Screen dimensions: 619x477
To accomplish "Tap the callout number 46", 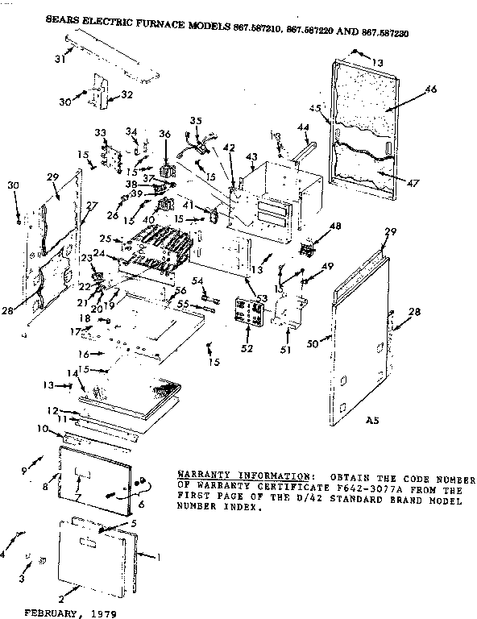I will pyautogui.click(x=432, y=89).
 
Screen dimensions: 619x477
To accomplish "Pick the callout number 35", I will pyautogui.click(x=193, y=121).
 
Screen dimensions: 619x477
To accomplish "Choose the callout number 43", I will pyautogui.click(x=251, y=157).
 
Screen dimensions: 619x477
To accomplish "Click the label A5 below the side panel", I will pyautogui.click(x=373, y=419).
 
